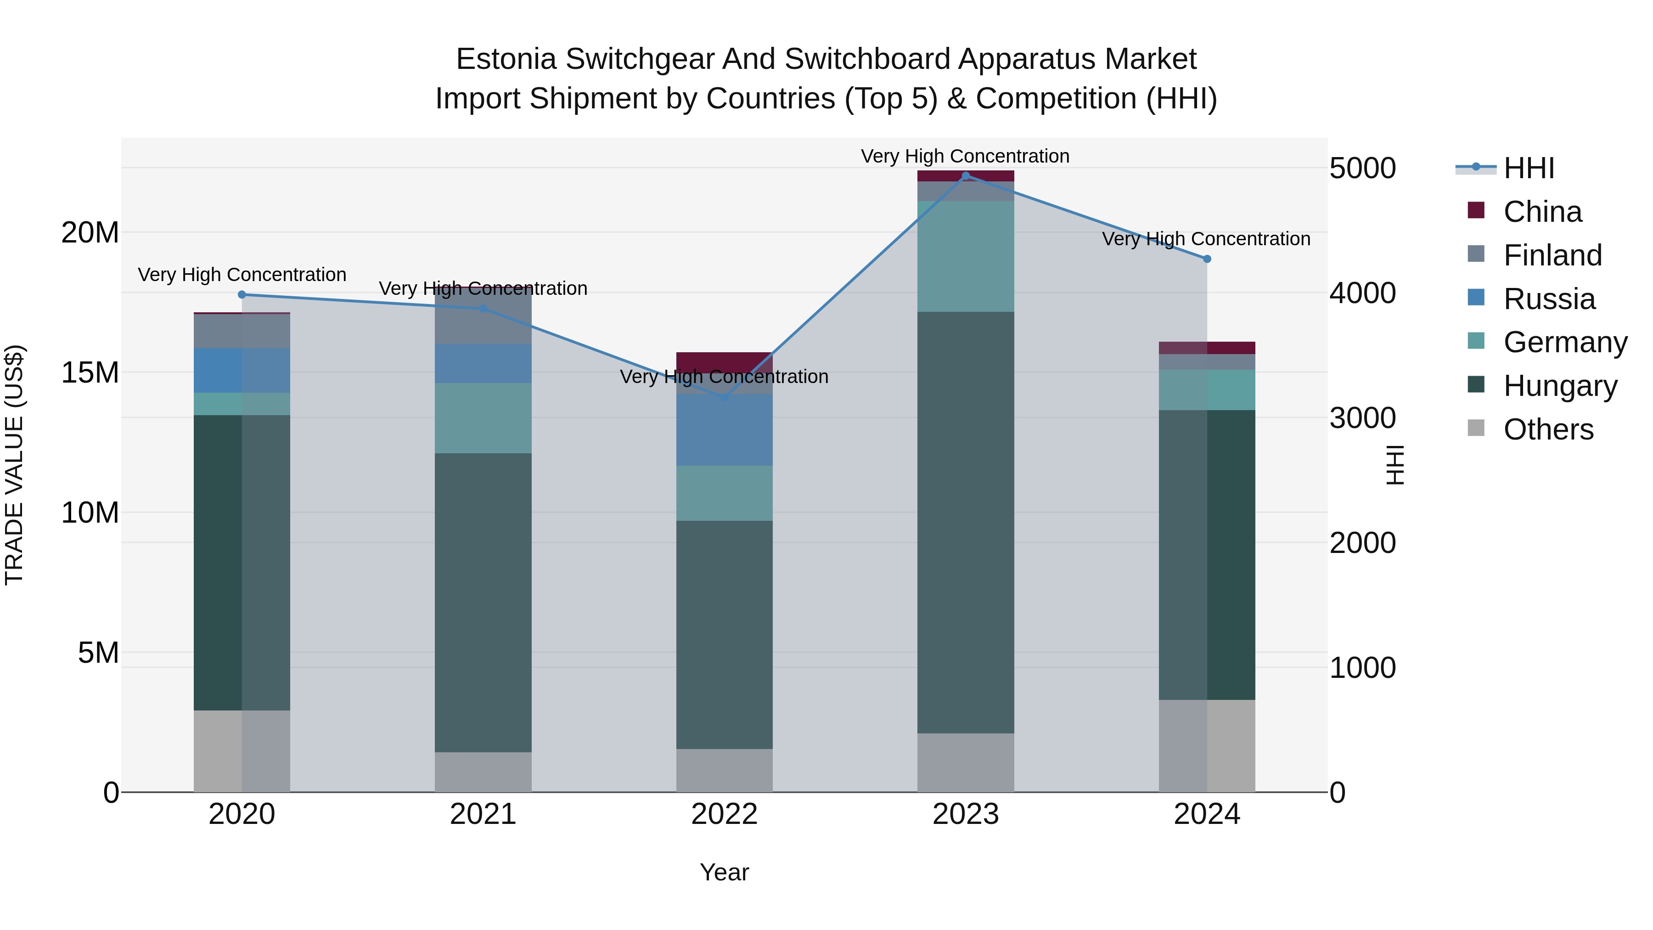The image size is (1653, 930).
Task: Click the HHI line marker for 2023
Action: pyautogui.click(x=966, y=176)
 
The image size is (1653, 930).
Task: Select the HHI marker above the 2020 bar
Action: pyautogui.click(x=242, y=294)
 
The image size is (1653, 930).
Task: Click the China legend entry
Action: pyautogui.click(x=1542, y=212)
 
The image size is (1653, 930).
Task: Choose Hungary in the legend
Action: pyautogui.click(x=1559, y=386)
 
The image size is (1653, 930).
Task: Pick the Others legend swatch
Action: pyautogui.click(x=1476, y=428)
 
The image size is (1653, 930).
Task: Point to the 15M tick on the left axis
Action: pyautogui.click(x=90, y=372)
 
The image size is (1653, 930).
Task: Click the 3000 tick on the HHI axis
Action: pyautogui.click(x=1362, y=418)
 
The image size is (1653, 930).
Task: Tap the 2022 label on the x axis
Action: pyautogui.click(x=725, y=814)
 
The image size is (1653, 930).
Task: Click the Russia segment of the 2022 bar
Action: pyautogui.click(x=725, y=430)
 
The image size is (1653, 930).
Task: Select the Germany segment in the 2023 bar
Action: pyautogui.click(x=966, y=257)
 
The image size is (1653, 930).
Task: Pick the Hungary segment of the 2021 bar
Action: pyautogui.click(x=483, y=603)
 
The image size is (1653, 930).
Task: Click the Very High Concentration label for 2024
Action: pyautogui.click(x=1206, y=239)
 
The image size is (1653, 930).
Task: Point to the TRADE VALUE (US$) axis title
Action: pyautogui.click(x=14, y=465)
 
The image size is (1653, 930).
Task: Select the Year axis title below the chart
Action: pyautogui.click(x=725, y=872)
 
